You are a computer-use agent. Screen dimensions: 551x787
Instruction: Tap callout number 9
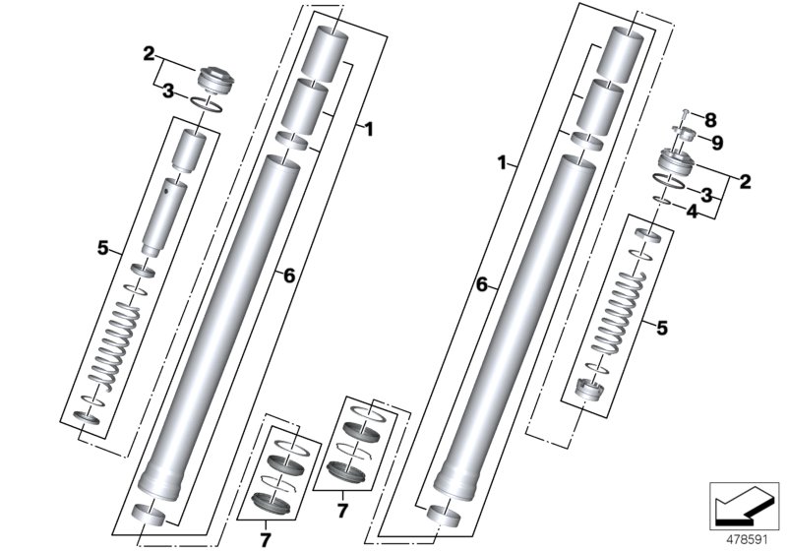(716, 143)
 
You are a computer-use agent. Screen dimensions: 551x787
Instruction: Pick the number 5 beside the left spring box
(102, 249)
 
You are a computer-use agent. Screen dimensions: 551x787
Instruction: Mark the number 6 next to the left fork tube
(288, 276)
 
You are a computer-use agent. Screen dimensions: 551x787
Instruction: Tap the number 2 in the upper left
(150, 55)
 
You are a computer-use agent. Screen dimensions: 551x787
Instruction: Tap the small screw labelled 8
(686, 115)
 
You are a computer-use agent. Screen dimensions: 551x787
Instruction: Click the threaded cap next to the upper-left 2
(212, 78)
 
